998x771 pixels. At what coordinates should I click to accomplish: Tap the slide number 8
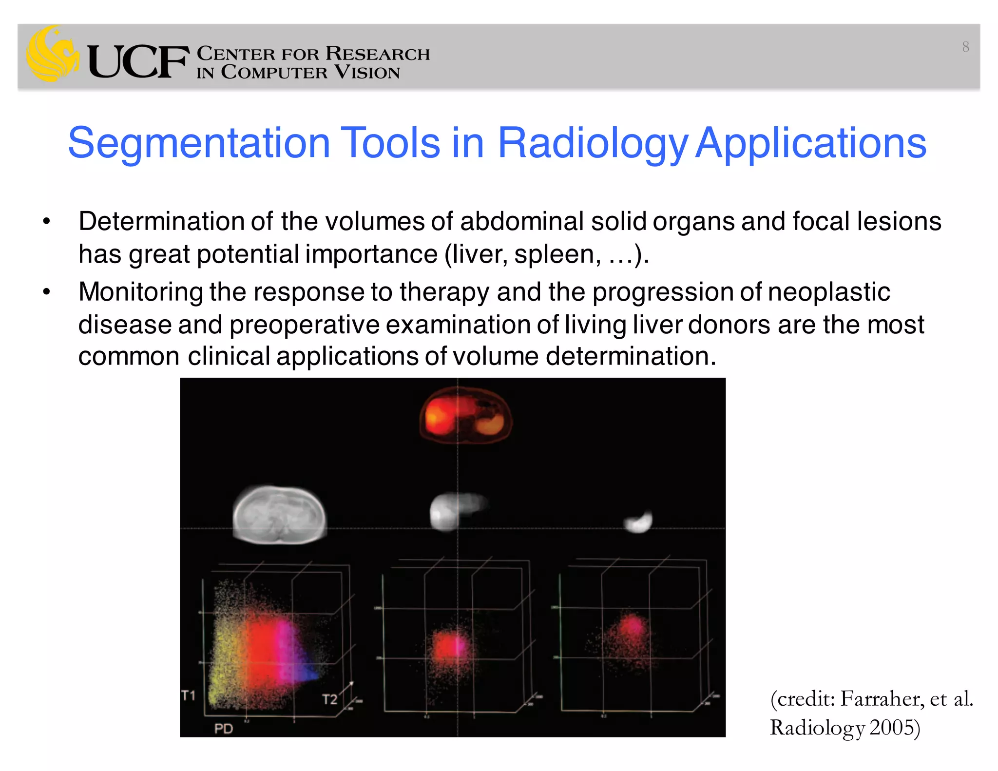point(965,47)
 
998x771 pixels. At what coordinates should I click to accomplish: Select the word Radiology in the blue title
point(592,144)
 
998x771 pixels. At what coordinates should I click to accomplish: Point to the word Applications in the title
point(810,144)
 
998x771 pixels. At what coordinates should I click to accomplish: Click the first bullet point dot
point(46,222)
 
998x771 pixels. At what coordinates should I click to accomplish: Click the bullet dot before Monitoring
point(46,292)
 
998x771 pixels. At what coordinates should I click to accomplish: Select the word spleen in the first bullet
point(555,254)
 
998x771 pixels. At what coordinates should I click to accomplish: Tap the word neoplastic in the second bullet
point(829,292)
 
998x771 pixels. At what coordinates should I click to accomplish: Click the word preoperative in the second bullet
point(304,325)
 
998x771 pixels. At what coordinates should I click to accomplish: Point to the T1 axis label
point(188,695)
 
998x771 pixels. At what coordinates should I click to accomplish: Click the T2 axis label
point(329,699)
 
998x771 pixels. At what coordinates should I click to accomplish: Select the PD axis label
point(224,729)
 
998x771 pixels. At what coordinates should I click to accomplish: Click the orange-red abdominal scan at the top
point(465,416)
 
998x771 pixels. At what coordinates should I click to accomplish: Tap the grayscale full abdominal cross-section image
point(279,515)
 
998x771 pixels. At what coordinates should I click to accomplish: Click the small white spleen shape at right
point(639,522)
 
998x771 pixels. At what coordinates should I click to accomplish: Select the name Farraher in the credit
point(882,699)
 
